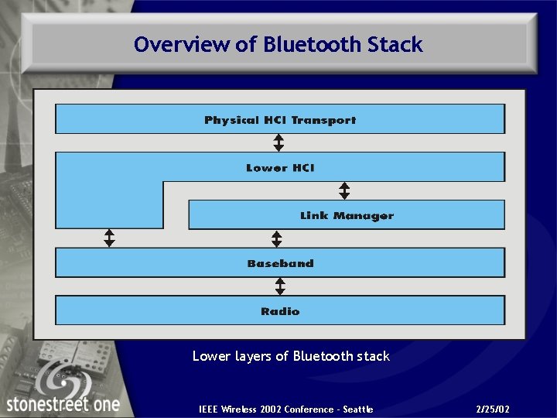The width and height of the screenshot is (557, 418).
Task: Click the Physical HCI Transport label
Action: click(x=280, y=120)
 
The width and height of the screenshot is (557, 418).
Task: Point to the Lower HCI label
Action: click(x=280, y=168)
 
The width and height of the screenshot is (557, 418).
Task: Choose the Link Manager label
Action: click(x=347, y=216)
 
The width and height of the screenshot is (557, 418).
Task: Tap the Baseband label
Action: click(x=280, y=264)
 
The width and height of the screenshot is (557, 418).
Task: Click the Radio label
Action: click(x=280, y=311)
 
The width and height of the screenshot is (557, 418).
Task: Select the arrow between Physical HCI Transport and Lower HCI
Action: click(x=279, y=143)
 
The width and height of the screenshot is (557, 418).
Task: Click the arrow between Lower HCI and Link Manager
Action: click(x=345, y=191)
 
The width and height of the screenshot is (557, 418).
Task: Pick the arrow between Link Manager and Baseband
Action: click(x=277, y=238)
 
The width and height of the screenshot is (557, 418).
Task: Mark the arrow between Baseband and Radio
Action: click(x=280, y=287)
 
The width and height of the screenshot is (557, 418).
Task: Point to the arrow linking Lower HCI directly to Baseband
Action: click(x=109, y=238)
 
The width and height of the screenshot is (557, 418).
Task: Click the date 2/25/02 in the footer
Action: click(x=494, y=409)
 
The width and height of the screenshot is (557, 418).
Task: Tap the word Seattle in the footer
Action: click(x=357, y=409)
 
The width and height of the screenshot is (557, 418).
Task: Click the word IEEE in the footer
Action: click(x=208, y=409)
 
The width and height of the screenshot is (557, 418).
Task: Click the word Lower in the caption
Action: click(x=211, y=356)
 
